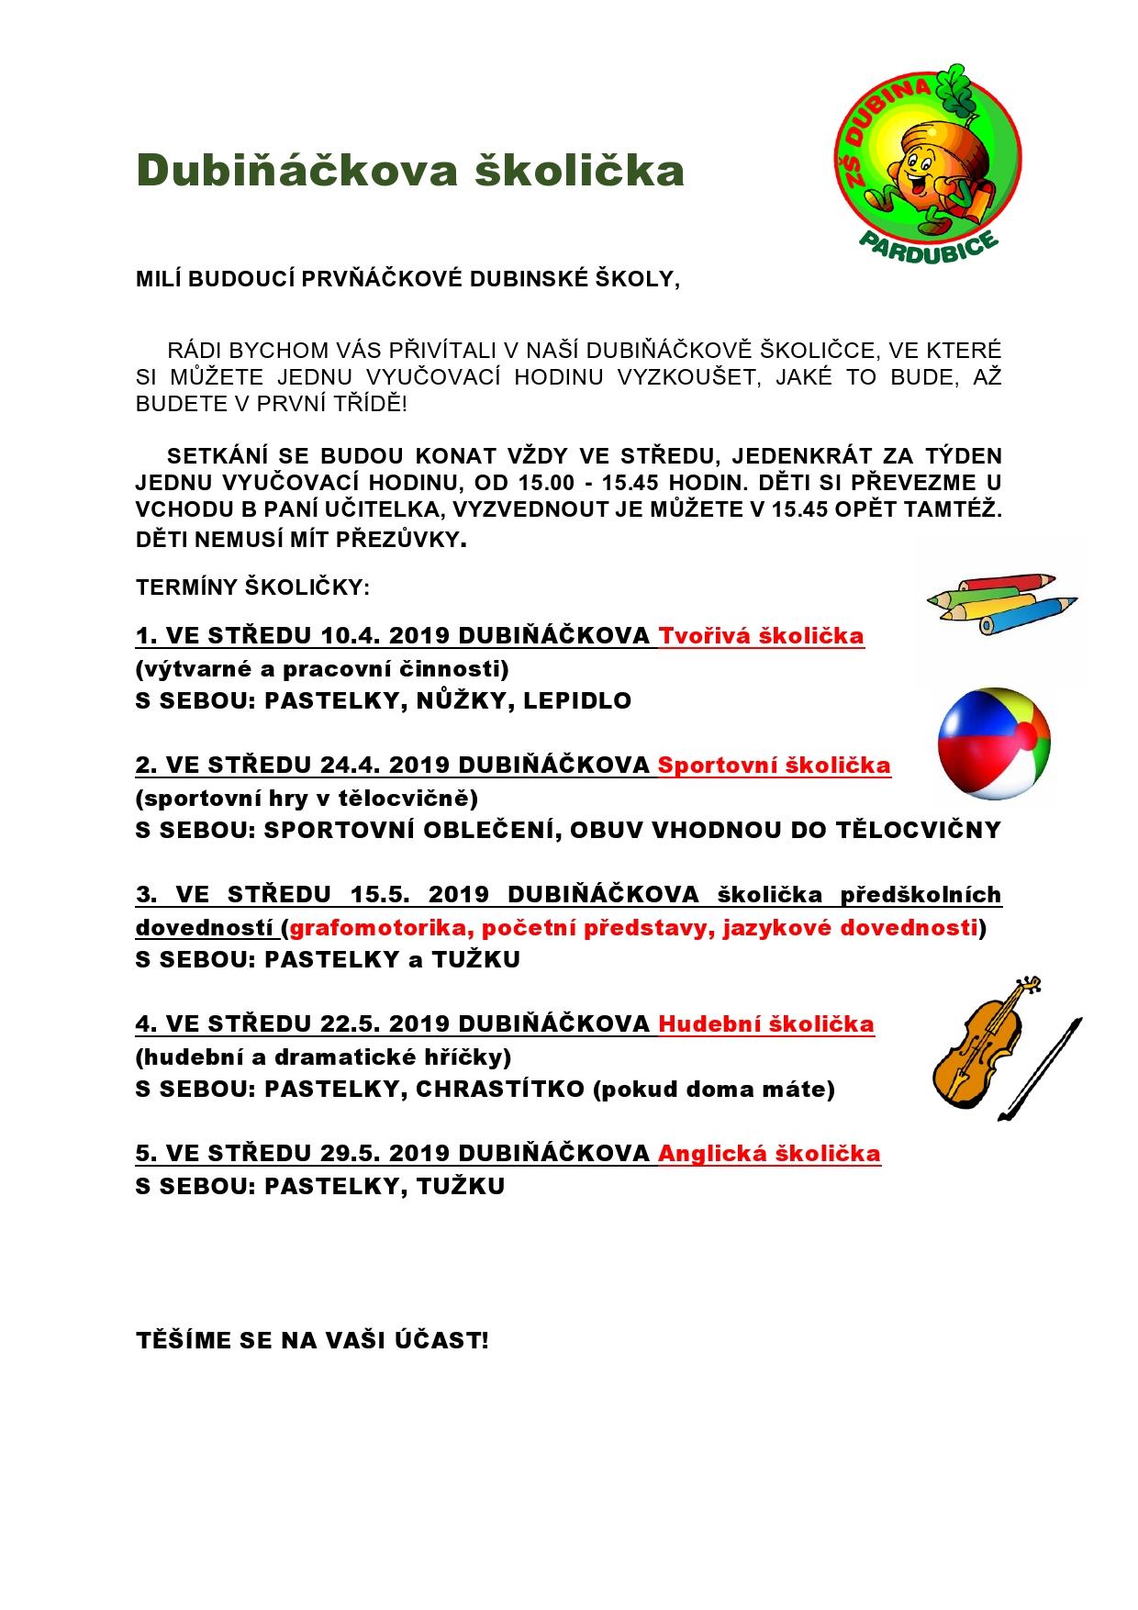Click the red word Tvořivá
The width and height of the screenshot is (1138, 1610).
(707, 636)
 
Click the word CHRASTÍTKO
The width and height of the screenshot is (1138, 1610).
(499, 1090)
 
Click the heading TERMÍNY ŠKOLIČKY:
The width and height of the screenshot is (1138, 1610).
(252, 587)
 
